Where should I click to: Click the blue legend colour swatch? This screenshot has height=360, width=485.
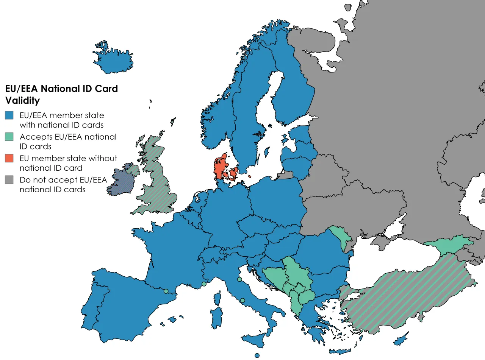(x=9, y=115)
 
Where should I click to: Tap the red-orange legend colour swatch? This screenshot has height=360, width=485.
(x=9, y=159)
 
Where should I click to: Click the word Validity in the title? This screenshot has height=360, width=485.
(x=22, y=101)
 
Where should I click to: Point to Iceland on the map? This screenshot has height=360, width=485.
(x=113, y=61)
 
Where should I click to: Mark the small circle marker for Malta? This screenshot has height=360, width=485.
(x=257, y=355)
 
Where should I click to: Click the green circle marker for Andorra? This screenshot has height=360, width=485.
(x=166, y=291)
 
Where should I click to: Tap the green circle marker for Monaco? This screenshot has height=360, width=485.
(x=204, y=284)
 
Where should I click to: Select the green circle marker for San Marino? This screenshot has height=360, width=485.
(x=239, y=279)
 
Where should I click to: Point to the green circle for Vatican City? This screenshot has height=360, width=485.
(x=242, y=301)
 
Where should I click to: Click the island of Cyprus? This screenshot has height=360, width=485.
(x=401, y=340)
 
